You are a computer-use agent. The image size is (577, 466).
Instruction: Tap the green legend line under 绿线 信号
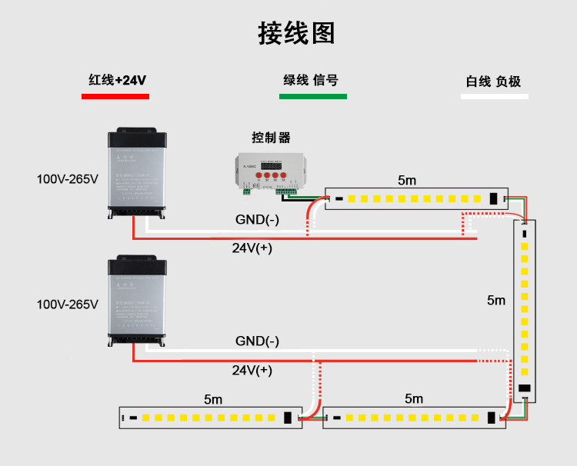pos(312,97)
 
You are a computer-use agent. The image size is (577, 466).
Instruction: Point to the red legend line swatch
pos(115,97)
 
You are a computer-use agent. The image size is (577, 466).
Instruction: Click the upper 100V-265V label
pos(68,180)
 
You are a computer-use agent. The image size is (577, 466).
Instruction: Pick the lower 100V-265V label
pos(68,305)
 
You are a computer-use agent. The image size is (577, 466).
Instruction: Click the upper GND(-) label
pos(257,221)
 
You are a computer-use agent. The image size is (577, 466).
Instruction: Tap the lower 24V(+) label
pos(252,371)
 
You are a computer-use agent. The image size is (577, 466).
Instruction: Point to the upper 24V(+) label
pos(252,248)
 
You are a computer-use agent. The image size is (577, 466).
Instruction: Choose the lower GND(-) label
pos(257,341)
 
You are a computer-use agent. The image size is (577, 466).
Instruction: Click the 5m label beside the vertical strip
pos(496,301)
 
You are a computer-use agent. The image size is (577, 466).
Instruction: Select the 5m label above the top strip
pos(407,181)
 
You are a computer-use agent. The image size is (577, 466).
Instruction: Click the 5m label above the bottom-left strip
pos(213,400)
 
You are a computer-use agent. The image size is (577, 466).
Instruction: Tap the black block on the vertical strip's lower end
pos(525,388)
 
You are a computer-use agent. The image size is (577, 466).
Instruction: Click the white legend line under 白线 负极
pos(495,97)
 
